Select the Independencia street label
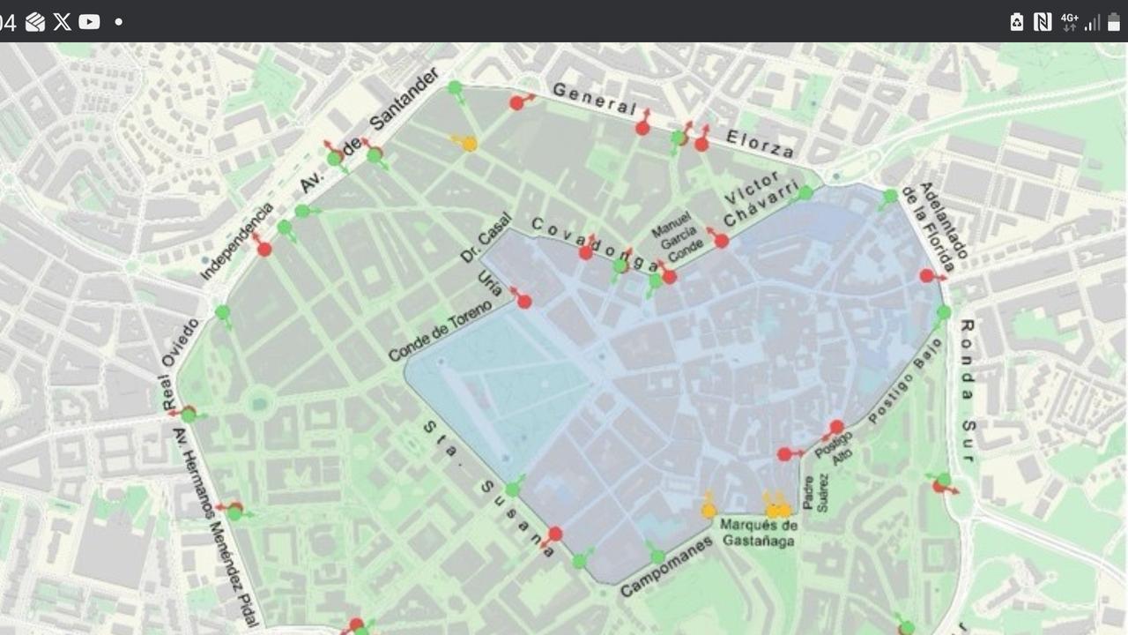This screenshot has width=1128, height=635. point(236,242)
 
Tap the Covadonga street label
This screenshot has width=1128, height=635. point(595,244)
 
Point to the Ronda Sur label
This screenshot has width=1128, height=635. point(967,390)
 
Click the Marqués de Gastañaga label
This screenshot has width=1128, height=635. point(759,533)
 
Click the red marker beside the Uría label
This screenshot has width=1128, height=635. point(524,302)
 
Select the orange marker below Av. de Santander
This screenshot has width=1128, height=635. point(470,144)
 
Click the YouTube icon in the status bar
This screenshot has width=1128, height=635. point(89,22)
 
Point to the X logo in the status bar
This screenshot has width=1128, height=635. point(62,22)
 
